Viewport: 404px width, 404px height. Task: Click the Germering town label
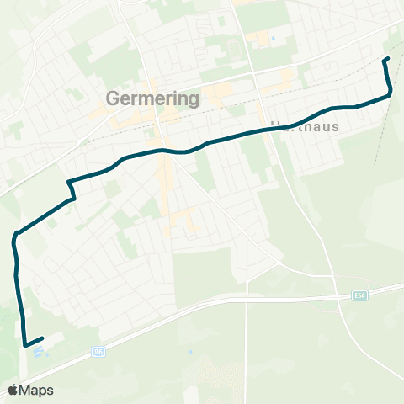(x=153, y=98)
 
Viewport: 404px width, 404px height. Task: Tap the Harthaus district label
(x=305, y=127)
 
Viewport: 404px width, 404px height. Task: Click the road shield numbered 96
(x=98, y=353)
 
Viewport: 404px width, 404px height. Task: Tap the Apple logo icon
(x=13, y=390)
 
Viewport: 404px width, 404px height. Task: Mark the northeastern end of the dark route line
(x=386, y=59)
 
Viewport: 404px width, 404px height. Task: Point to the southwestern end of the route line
(x=42, y=338)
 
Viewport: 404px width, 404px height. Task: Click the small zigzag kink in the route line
(x=72, y=190)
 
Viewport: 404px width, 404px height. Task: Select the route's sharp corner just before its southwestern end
(x=25, y=344)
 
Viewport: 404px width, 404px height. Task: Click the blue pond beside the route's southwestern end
(x=38, y=348)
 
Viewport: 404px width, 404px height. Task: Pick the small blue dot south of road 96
(x=190, y=351)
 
